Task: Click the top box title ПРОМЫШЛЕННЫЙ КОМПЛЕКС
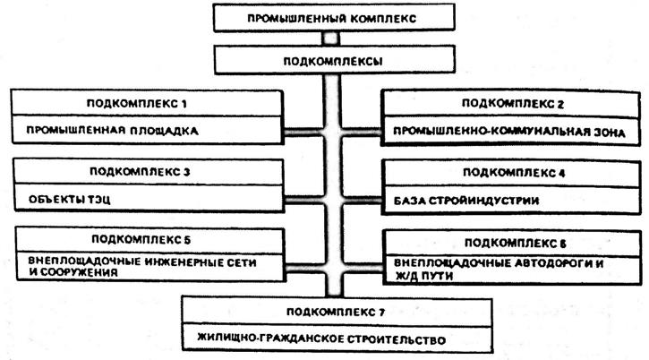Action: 331,19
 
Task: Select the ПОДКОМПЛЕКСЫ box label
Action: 333,61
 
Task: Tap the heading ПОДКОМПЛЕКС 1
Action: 137,103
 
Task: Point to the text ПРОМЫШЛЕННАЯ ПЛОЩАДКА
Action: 112,131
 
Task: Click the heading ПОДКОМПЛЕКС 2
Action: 513,104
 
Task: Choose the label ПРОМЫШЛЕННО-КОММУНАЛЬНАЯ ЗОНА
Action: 508,133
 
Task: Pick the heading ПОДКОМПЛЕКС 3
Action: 140,171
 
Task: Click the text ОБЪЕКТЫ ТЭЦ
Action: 70,200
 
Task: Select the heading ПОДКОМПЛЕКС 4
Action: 514,172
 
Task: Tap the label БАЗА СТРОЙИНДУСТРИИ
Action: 466,201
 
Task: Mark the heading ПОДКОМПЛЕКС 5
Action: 141,239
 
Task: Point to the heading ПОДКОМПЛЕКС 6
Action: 516,243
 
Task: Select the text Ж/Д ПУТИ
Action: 423,276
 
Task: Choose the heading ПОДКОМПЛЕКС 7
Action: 336,312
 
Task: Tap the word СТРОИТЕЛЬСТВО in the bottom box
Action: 396,339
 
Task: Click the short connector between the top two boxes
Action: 330,39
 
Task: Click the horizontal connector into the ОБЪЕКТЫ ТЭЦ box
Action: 304,200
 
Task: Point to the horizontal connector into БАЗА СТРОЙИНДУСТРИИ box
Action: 361,201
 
